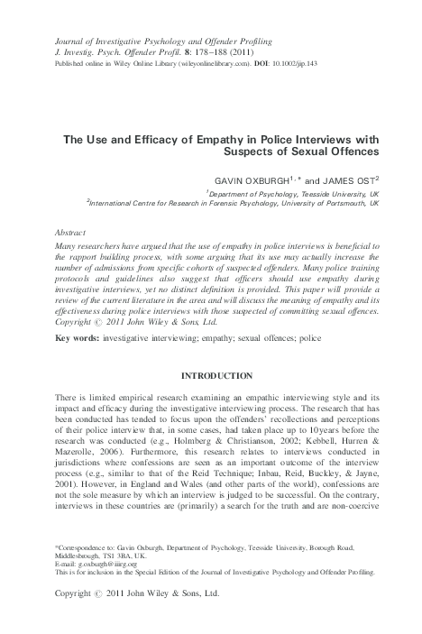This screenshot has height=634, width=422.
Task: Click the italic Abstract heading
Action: (73, 232)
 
